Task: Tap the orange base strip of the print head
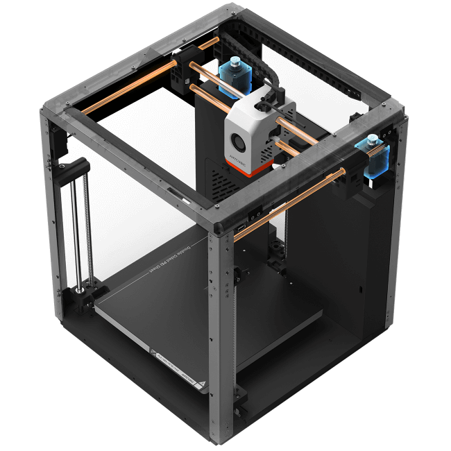(x=246, y=168)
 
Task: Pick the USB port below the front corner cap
(x=240, y=228)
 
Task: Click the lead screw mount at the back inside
(x=277, y=250)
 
